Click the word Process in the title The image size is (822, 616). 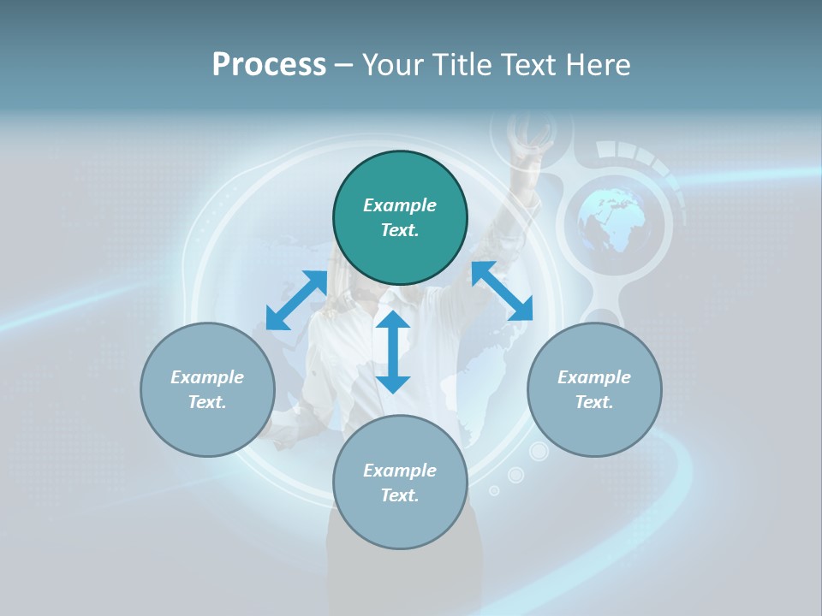(x=269, y=65)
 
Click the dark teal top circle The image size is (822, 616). (x=400, y=218)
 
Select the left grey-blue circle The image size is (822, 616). (x=207, y=389)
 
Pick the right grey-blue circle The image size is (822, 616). (x=594, y=389)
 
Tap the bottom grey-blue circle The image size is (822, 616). (x=400, y=483)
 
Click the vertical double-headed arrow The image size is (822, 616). (x=393, y=352)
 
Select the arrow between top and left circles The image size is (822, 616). (x=296, y=300)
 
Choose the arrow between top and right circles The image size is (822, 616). (x=502, y=291)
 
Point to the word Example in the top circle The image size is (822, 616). (x=400, y=205)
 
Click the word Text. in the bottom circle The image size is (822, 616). (x=400, y=495)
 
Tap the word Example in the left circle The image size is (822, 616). (x=207, y=377)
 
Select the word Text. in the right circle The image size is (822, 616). (x=594, y=402)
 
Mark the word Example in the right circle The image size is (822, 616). (x=594, y=377)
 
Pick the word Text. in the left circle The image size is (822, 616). (x=207, y=402)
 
